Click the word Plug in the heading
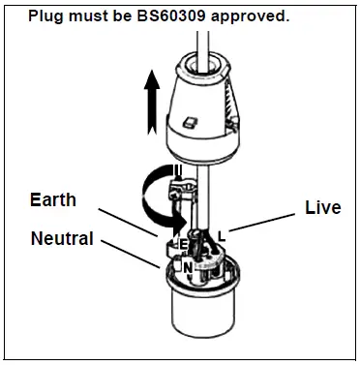[x=45, y=17]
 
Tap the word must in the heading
[x=87, y=17]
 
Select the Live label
[x=322, y=207]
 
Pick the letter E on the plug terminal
[x=178, y=242]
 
